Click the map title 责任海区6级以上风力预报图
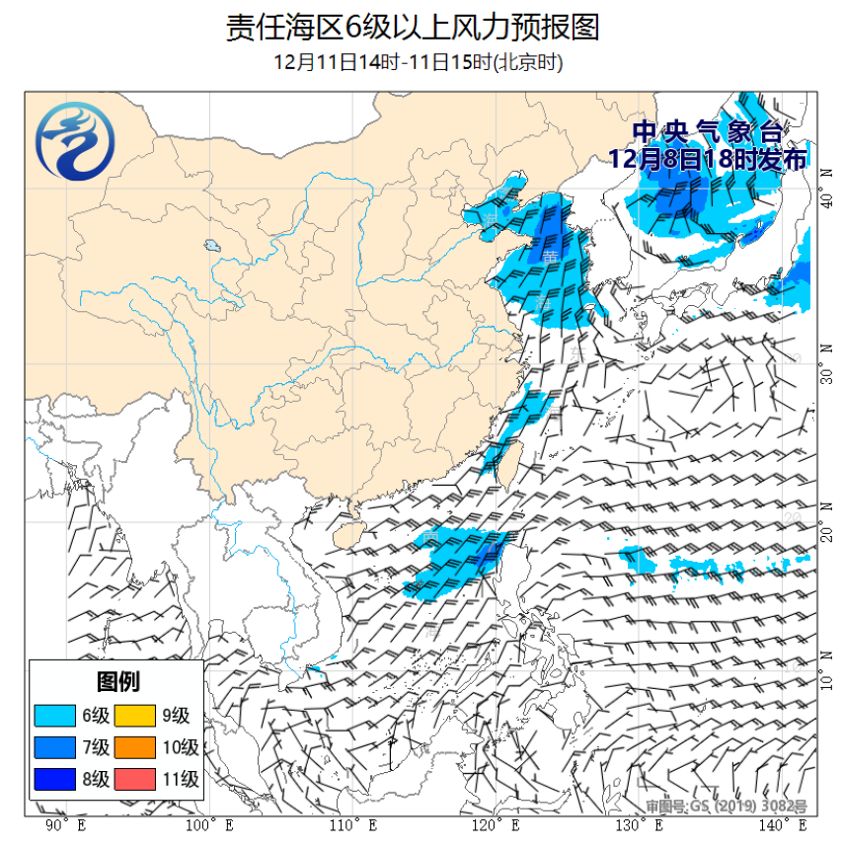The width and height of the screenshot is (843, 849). point(413,27)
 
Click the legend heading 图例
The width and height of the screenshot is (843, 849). point(117,682)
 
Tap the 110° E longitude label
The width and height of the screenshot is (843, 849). point(352,824)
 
